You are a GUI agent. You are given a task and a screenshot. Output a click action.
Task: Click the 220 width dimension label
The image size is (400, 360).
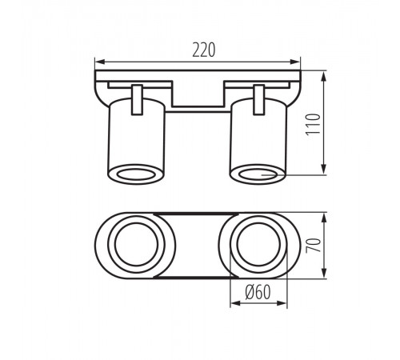pos(204,50)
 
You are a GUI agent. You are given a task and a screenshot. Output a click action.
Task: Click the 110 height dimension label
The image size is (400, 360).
pos(313,125)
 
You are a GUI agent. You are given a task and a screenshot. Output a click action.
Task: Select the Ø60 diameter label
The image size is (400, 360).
pos(258,292)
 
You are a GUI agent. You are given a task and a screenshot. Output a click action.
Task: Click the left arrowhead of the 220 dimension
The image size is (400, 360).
pos(99,62)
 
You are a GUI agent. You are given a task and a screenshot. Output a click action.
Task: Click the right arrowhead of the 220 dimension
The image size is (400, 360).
pos(296,62)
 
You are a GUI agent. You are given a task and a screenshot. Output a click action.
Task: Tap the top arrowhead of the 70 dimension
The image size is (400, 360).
pos(324,218)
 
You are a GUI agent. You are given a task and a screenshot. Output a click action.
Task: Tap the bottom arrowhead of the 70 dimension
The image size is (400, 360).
pos(324,274)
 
